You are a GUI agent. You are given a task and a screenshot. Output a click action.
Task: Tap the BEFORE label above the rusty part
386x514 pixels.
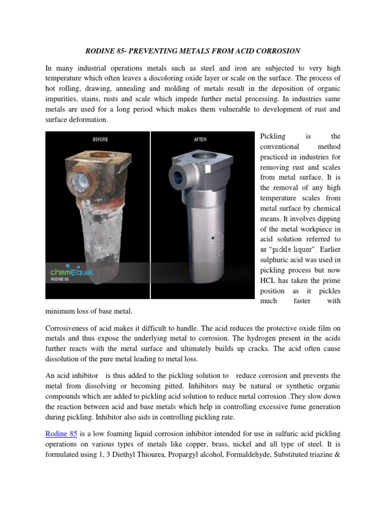(101, 140)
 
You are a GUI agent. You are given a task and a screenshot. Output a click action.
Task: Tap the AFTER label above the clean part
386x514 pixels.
(200, 140)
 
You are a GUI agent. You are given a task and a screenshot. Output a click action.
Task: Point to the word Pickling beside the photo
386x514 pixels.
(273, 136)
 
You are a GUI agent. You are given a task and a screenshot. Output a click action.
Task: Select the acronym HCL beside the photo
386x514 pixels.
(269, 281)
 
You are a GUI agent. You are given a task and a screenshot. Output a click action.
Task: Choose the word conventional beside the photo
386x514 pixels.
(279, 147)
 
